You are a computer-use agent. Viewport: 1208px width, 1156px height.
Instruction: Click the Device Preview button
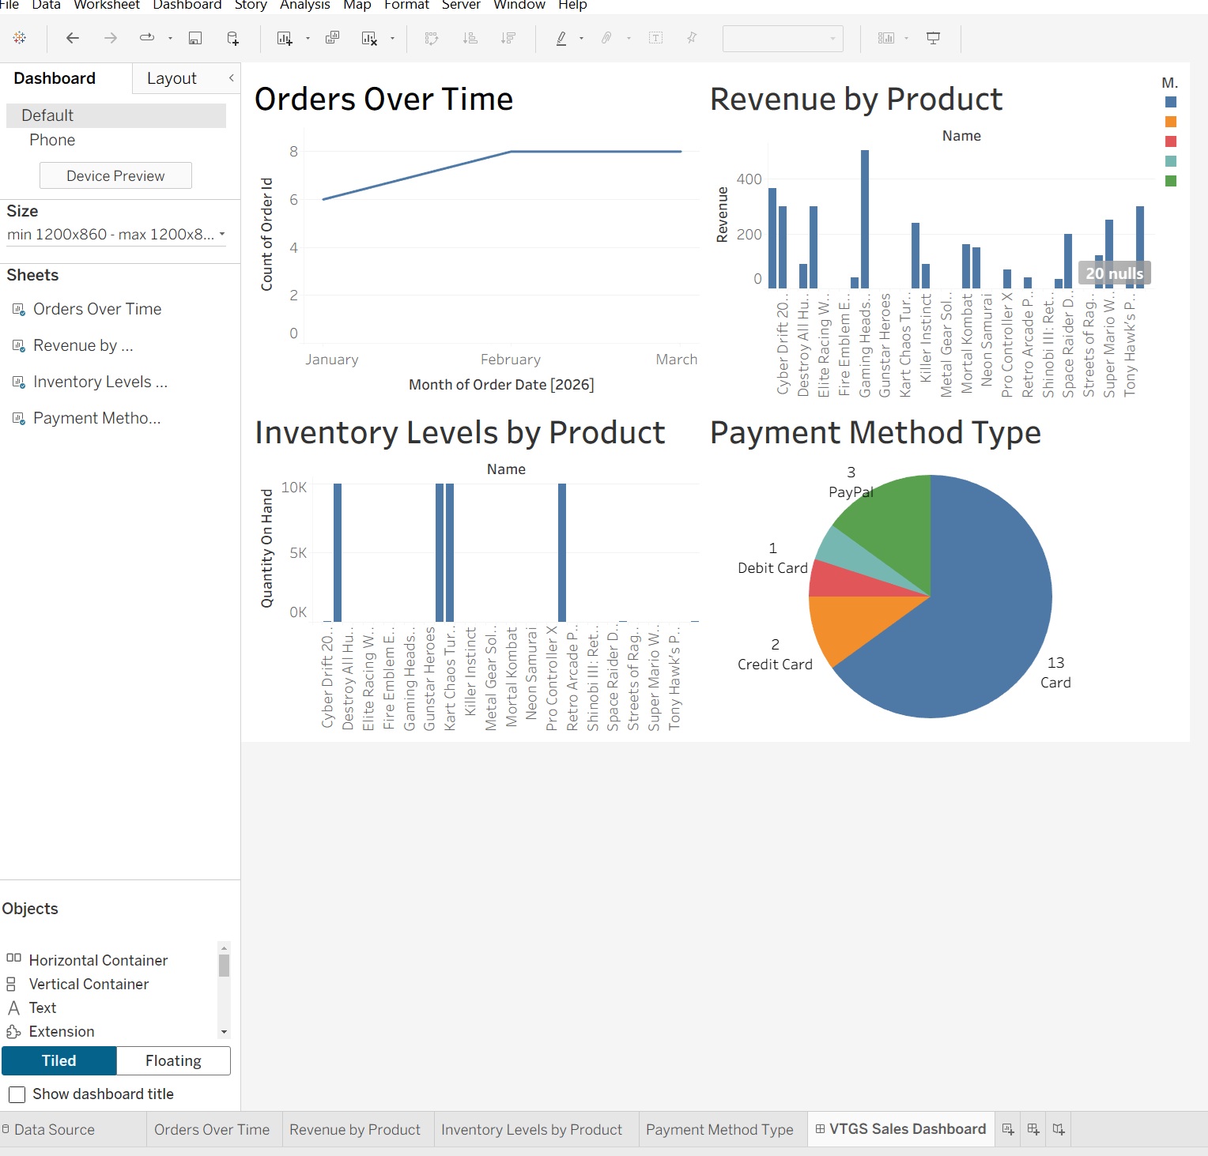115,175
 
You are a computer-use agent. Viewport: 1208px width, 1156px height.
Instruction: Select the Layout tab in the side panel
172,78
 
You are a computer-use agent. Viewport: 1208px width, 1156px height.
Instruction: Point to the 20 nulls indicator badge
1114,273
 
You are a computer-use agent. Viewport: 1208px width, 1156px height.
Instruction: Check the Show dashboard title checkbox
17,1094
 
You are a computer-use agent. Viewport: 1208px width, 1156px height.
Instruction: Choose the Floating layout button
173,1060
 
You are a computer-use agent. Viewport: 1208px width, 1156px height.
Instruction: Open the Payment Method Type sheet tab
719,1129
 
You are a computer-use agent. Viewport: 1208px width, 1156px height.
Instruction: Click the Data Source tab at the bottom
54,1129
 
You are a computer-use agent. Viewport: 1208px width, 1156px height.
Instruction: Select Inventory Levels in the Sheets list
100,382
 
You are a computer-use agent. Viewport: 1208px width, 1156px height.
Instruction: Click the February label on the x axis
511,360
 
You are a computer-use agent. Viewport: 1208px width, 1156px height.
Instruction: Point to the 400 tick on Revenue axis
749,179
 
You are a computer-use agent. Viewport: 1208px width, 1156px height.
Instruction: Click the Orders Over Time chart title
383,100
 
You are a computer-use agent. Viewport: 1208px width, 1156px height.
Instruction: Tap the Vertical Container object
89,984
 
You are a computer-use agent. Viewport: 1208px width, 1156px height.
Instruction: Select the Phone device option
52,140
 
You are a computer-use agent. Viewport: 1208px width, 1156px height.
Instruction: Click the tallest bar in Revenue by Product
864,221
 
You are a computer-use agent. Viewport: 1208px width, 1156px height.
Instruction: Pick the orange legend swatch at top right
1171,122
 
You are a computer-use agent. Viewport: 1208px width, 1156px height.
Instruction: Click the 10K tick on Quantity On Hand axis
294,488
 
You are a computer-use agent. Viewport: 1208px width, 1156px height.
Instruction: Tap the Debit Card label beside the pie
772,568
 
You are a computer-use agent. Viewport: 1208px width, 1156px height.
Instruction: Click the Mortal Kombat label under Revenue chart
967,344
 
